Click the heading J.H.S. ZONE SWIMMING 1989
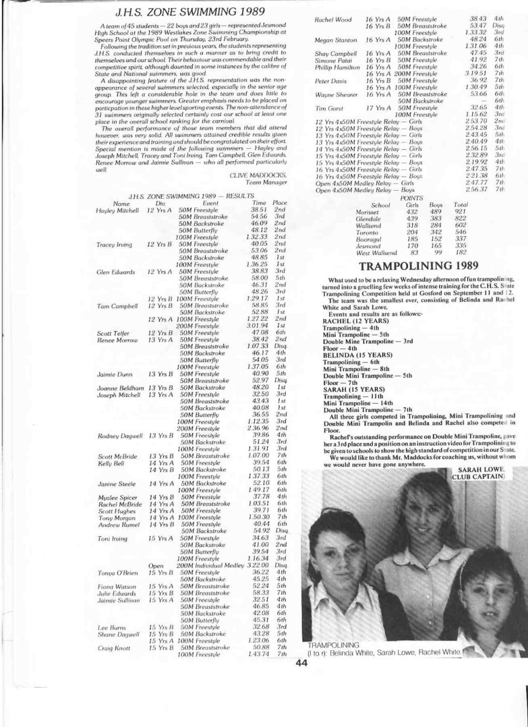point(190,12)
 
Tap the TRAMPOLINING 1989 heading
point(419,266)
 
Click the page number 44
point(302,663)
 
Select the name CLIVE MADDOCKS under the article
point(258,175)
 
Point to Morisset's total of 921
point(460,212)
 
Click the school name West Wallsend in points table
point(376,253)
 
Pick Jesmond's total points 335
point(460,246)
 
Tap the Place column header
point(279,203)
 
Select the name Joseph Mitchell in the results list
point(119,395)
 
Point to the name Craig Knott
point(114,648)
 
